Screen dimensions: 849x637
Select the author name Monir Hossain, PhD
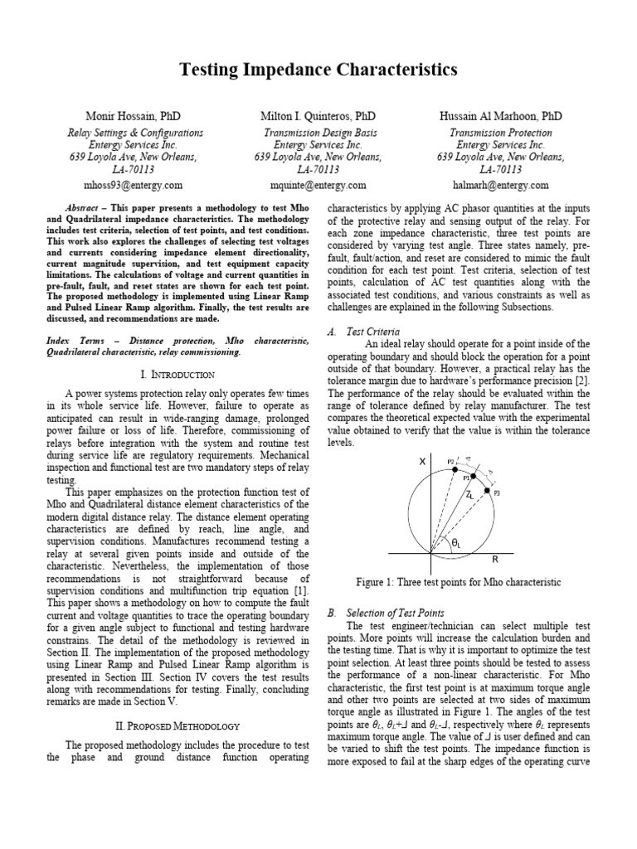pos(134,117)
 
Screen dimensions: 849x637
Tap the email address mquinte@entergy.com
pos(318,185)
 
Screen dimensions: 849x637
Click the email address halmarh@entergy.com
pos(500,185)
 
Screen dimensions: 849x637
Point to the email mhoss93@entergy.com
pos(134,185)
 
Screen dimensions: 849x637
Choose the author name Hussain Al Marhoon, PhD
pos(500,117)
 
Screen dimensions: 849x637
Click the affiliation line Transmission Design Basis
pos(318,133)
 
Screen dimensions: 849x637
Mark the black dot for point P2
pos(455,469)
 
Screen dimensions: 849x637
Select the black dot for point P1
pos(473,479)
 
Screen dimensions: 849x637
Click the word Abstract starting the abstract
pos(85,206)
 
